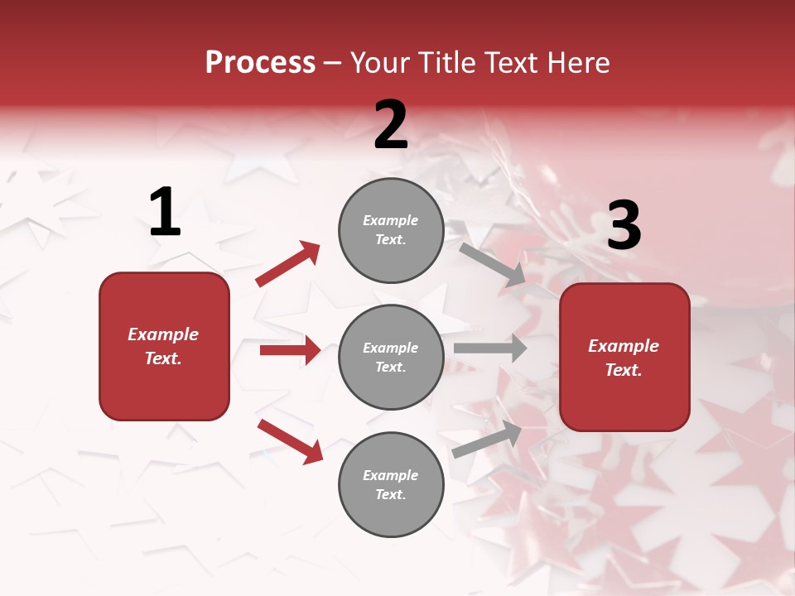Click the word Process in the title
pyautogui.click(x=260, y=63)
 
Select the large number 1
pyautogui.click(x=165, y=213)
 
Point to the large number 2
pyautogui.click(x=391, y=125)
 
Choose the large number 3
pyautogui.click(x=624, y=225)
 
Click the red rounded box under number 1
pyautogui.click(x=164, y=346)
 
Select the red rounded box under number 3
pyautogui.click(x=624, y=358)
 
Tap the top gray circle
pyautogui.click(x=391, y=230)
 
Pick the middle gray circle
pyautogui.click(x=391, y=358)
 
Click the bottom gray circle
pyautogui.click(x=391, y=485)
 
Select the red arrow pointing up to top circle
pyautogui.click(x=288, y=264)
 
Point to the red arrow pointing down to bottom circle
pyautogui.click(x=291, y=441)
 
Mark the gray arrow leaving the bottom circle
pyautogui.click(x=487, y=439)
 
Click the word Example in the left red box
pyautogui.click(x=163, y=334)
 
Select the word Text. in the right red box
pyautogui.click(x=624, y=370)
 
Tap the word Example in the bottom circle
pyautogui.click(x=391, y=475)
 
